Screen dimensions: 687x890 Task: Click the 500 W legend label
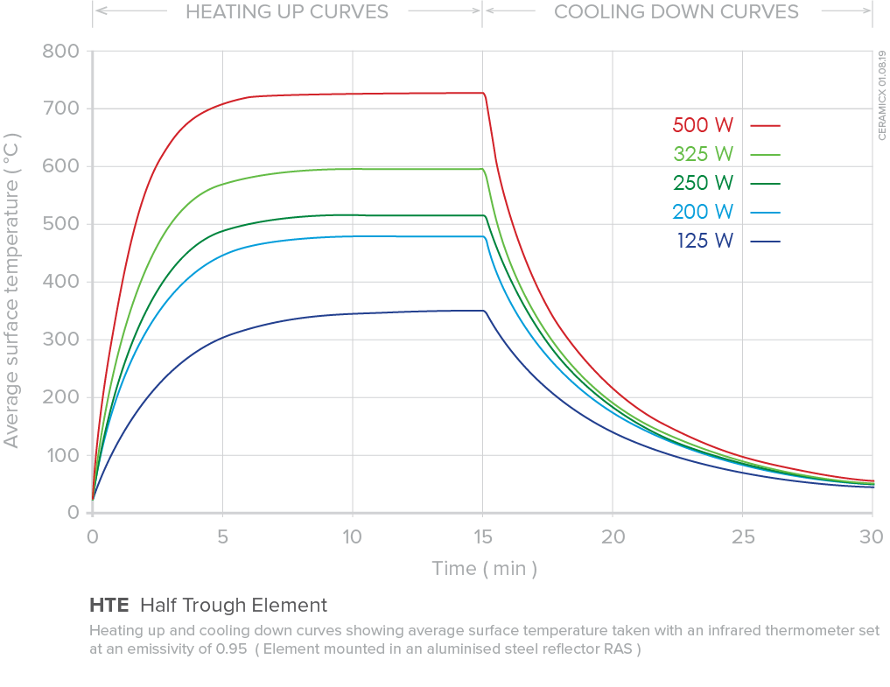703,124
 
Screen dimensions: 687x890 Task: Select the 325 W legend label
703,154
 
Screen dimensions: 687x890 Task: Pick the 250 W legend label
703,183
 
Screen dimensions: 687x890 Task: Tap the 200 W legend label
703,212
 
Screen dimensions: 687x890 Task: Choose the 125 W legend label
704,241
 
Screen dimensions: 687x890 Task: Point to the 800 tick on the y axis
60,51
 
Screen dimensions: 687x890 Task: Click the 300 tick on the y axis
60,340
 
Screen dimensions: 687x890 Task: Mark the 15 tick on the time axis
482,536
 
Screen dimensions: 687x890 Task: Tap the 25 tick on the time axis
742,536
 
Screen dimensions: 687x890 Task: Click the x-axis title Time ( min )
484,569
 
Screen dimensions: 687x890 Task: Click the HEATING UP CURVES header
287,11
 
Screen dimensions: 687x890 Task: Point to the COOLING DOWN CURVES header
676,11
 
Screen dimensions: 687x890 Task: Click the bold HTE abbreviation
109,605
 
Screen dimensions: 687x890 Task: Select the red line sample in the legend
765,125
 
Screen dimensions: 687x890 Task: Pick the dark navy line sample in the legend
765,242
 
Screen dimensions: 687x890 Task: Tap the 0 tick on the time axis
92,536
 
